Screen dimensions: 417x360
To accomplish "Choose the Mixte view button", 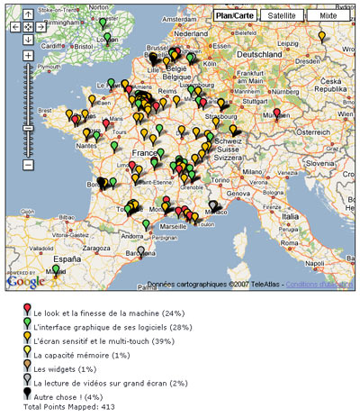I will (328, 15).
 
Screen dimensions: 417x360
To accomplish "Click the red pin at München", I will (276, 114).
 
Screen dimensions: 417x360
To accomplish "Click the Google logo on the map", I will (24, 282).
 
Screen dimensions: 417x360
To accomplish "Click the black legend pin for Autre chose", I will (26, 394).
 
